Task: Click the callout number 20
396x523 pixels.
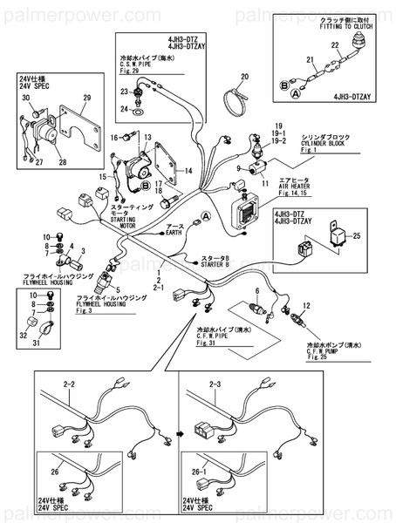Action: pyautogui.click(x=244, y=77)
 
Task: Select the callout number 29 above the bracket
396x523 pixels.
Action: pyautogui.click(x=85, y=98)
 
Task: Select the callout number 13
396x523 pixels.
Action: pyautogui.click(x=147, y=136)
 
